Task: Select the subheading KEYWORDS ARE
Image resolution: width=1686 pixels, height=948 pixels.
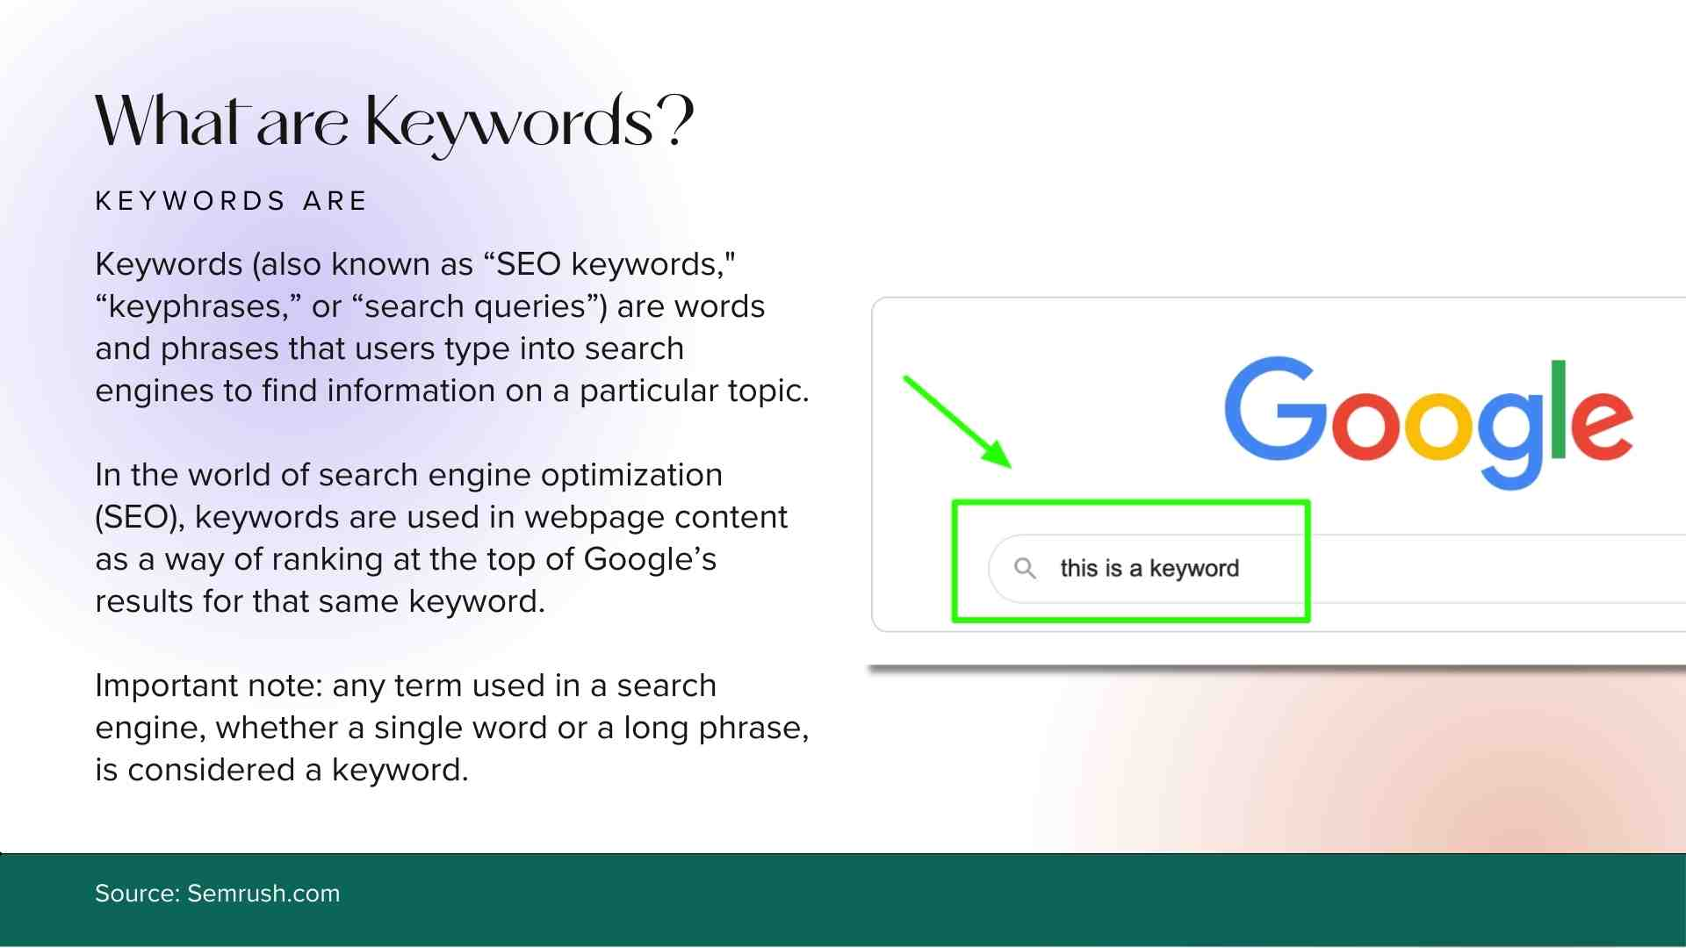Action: click(x=231, y=201)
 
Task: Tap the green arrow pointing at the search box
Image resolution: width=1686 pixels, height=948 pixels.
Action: click(x=957, y=422)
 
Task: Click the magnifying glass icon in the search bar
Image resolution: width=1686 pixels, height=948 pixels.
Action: click(x=1025, y=569)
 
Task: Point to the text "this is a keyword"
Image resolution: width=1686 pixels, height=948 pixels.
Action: click(x=1149, y=568)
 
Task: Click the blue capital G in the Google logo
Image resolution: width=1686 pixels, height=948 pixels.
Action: click(x=1276, y=408)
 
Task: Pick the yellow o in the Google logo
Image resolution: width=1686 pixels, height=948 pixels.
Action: click(x=1438, y=425)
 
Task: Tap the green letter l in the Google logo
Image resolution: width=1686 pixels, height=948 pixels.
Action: click(x=1559, y=409)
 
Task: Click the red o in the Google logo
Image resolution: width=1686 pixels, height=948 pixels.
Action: click(x=1365, y=425)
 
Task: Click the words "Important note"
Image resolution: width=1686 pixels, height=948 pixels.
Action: click(x=209, y=686)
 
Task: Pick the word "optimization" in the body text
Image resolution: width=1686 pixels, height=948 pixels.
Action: click(x=631, y=476)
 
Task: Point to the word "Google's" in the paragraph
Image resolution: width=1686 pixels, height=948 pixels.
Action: click(x=650, y=560)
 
